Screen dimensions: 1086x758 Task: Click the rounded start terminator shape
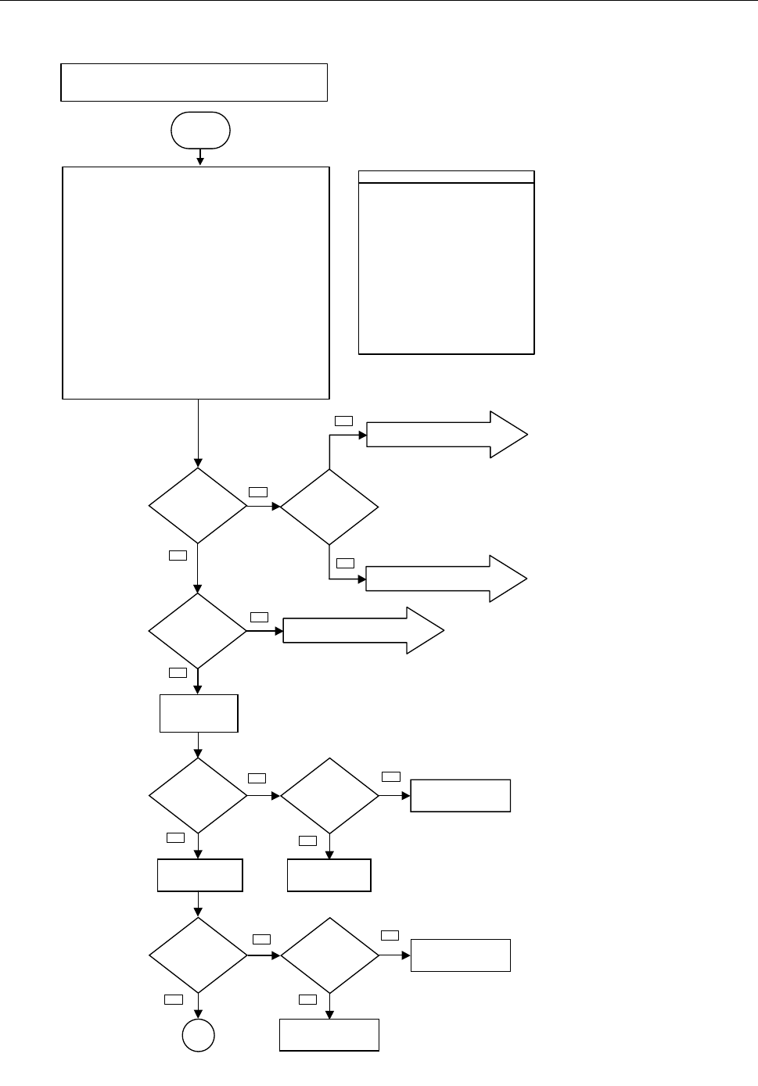[x=200, y=130]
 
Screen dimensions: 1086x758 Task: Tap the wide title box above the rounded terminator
[x=194, y=82]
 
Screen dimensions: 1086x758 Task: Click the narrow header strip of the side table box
[x=446, y=177]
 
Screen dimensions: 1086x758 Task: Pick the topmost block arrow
[x=447, y=434]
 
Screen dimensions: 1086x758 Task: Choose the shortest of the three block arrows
[x=363, y=630]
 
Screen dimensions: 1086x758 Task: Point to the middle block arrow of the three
[x=447, y=579]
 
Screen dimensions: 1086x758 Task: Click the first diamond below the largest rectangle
[x=198, y=506]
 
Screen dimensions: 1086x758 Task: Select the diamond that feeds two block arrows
[x=329, y=507]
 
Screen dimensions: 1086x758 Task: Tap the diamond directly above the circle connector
[x=198, y=955]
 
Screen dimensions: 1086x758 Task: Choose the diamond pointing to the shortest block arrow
[x=198, y=630]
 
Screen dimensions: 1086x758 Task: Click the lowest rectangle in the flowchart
[x=329, y=1034]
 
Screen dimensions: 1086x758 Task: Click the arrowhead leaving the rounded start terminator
[x=200, y=161]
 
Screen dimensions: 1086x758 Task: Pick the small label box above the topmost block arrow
[x=343, y=421]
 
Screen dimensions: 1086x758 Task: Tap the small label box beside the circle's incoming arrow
[x=174, y=998]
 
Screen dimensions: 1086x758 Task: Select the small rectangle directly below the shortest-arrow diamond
[x=199, y=713]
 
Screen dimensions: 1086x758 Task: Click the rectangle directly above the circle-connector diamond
[x=199, y=875]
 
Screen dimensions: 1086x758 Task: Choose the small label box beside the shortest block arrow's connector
[x=259, y=618]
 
